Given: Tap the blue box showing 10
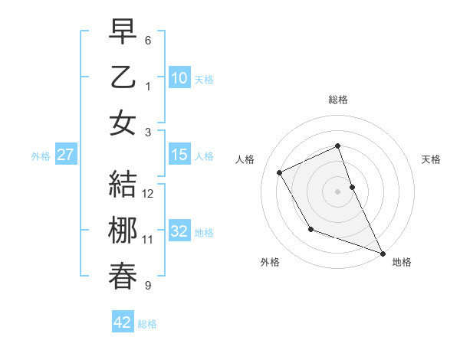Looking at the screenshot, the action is click(x=179, y=78).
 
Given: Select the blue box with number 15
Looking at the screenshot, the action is click(x=179, y=155).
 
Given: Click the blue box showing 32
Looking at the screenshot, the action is click(x=179, y=232).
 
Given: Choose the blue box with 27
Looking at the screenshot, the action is click(x=65, y=155).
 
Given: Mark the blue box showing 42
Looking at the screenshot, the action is click(x=123, y=322).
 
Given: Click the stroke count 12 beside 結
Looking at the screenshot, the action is click(x=149, y=193).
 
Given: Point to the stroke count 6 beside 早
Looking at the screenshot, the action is click(x=148, y=40).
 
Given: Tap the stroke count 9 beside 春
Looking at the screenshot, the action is click(x=148, y=286).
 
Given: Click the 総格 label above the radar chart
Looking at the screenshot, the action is click(x=338, y=100).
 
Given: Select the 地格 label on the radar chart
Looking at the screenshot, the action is click(x=402, y=262).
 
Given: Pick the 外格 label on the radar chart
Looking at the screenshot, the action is click(x=270, y=262).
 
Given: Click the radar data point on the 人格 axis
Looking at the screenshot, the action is click(x=280, y=172).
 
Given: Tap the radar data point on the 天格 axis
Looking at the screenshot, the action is click(x=352, y=187).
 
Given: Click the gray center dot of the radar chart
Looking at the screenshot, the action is click(x=338, y=191).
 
